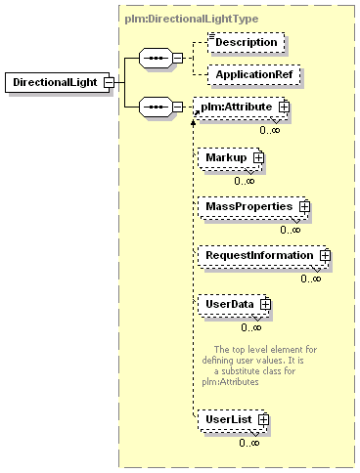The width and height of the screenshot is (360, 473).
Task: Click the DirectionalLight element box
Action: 58,82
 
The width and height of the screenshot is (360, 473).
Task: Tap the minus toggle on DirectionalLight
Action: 109,82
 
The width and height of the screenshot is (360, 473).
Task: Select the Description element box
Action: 247,42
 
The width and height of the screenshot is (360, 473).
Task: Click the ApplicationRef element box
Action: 254,75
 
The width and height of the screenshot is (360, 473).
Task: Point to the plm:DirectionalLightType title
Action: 192,19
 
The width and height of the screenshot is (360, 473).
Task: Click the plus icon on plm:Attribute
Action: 284,107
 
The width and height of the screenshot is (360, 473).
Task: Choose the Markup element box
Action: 230,158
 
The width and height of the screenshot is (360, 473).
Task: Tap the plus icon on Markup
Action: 258,157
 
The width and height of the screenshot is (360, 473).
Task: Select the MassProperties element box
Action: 252,207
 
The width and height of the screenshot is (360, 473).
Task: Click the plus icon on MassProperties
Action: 304,206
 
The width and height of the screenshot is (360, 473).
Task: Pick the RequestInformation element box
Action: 263,256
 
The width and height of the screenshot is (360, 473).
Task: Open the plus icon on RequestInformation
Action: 325,255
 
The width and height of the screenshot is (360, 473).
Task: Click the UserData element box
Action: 233,305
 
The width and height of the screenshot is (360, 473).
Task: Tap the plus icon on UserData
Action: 265,304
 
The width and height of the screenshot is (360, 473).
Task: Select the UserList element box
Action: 232,420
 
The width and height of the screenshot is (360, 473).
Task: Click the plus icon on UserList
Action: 263,419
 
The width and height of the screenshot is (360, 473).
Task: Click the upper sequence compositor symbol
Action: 156,58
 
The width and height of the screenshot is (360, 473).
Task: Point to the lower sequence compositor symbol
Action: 156,107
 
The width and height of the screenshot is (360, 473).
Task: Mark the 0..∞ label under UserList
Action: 249,443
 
